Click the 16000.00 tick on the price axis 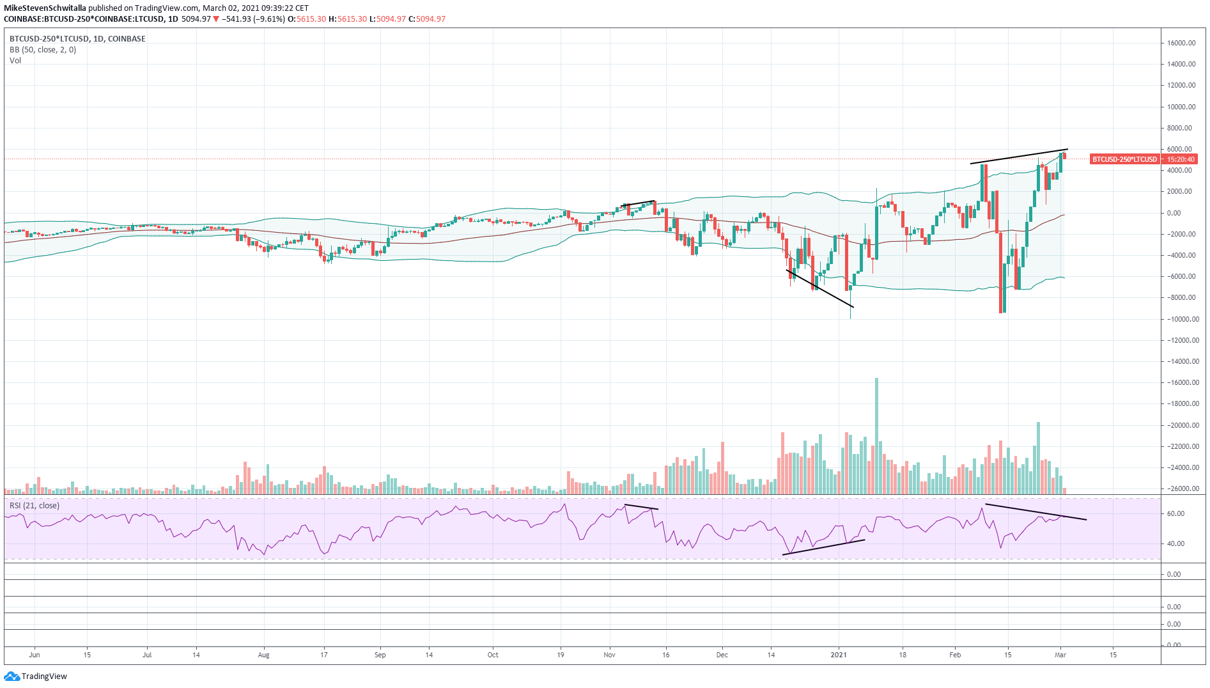1181,43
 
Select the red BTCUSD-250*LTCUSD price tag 1124,159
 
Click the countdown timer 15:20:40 1181,159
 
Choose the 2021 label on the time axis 838,655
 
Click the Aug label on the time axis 263,655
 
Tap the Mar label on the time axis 1060,655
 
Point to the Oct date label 493,655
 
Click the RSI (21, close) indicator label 35,506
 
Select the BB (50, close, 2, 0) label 43,50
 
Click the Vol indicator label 15,61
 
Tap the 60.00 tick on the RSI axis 1175,513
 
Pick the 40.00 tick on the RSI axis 1175,543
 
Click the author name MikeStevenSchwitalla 45,8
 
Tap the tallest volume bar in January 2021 876,435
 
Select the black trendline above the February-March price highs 1019,156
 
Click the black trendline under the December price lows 819,288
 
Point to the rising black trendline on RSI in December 823,547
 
